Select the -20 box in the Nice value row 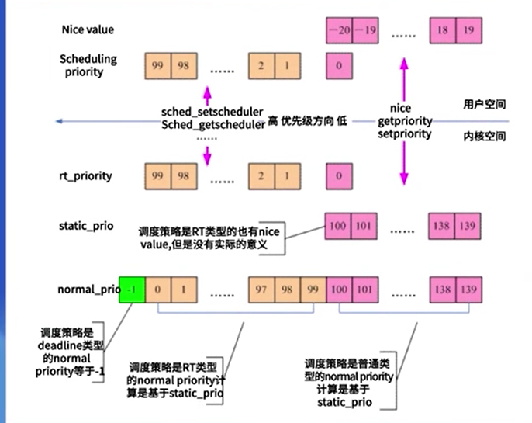click(x=338, y=32)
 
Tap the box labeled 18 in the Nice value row click(x=442, y=32)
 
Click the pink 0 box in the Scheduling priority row click(x=338, y=66)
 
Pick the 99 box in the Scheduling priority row click(x=157, y=66)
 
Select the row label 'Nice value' click(x=88, y=29)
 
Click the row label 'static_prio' click(x=86, y=226)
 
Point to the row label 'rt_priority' click(x=86, y=175)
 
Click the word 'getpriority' click(x=404, y=122)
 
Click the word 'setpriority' click(x=404, y=133)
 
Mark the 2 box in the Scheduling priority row click(x=261, y=66)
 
